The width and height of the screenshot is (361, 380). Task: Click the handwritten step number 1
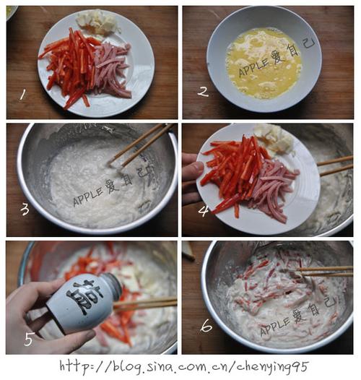point(23,95)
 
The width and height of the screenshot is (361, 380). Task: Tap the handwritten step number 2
point(203,92)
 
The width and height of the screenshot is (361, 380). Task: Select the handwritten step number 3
point(25,210)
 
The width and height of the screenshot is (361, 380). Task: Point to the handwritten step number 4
point(204,211)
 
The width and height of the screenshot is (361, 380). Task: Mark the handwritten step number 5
point(29,339)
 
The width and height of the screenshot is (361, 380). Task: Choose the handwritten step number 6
point(206,325)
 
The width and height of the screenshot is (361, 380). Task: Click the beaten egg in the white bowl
point(264,64)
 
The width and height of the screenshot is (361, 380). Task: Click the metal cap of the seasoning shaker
point(113,285)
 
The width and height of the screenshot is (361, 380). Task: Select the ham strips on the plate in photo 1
point(112,70)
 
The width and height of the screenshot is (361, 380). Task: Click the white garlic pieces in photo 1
point(97,23)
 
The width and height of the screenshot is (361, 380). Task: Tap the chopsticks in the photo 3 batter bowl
point(141,145)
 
